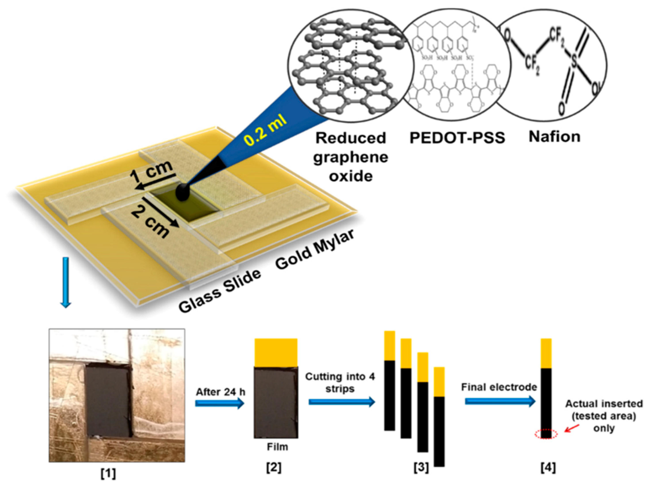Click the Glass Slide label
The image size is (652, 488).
click(220, 291)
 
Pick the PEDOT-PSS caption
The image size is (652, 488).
click(457, 138)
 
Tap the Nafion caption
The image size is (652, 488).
click(555, 136)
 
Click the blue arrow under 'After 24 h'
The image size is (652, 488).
click(220, 403)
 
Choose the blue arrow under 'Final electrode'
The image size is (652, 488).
click(500, 401)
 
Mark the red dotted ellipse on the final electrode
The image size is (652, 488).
click(546, 434)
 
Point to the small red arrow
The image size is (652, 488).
click(572, 428)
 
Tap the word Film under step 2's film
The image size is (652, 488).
click(277, 447)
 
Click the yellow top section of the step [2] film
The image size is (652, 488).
click(276, 353)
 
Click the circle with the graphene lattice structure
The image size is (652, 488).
click(351, 65)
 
